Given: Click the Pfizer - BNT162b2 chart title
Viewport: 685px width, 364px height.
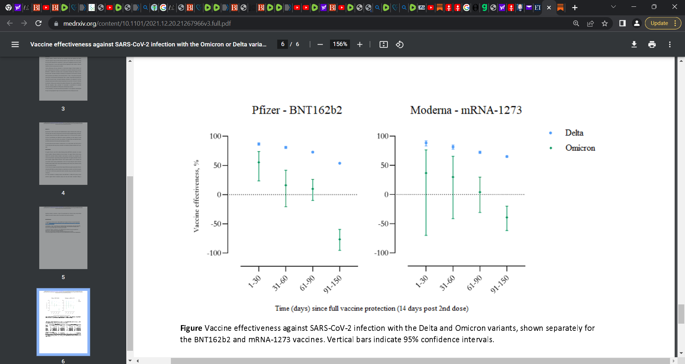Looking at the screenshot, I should click(x=297, y=110).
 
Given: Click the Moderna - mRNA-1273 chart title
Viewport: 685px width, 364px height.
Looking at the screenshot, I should click(x=466, y=110).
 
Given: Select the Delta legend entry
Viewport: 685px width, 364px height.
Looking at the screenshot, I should click(x=574, y=133).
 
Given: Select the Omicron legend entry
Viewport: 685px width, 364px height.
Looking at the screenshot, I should click(x=580, y=148).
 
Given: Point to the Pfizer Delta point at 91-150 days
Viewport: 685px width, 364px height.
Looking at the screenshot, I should click(x=340, y=163).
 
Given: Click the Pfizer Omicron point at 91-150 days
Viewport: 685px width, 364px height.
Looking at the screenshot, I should click(x=340, y=239).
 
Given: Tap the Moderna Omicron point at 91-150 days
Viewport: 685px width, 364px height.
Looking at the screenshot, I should click(x=507, y=217).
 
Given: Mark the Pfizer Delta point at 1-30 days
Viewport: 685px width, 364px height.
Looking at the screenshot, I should click(x=259, y=144).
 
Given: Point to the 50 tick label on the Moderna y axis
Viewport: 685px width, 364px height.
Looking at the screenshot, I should click(x=384, y=165).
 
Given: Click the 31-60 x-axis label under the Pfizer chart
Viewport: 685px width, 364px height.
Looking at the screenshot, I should click(x=280, y=283).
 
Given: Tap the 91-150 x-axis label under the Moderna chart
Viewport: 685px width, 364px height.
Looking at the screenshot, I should click(x=499, y=284).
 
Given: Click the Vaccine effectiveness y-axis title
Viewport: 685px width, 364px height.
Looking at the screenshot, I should click(x=196, y=196).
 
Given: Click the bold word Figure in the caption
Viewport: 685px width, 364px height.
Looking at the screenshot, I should click(x=191, y=328).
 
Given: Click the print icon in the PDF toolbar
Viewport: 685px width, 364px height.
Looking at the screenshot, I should click(x=652, y=44).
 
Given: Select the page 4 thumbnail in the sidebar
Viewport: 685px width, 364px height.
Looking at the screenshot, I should click(x=63, y=153).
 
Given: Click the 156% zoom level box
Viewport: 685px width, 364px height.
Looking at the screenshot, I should click(x=340, y=44).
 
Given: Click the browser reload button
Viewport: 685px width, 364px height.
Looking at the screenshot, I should click(x=39, y=23).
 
